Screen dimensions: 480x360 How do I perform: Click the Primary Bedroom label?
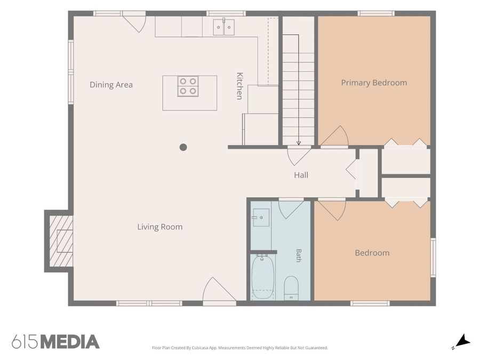[x=374, y=83]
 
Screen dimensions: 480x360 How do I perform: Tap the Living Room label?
[x=160, y=227]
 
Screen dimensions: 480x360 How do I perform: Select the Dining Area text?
[x=111, y=85]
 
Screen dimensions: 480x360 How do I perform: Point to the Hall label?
[x=301, y=175]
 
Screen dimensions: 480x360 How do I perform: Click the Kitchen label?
[x=239, y=86]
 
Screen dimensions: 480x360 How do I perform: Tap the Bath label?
[x=299, y=255]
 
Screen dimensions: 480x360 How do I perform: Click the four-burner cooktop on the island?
[x=188, y=86]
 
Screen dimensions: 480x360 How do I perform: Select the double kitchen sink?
[x=224, y=27]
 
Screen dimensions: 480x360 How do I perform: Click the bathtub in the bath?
[x=262, y=277]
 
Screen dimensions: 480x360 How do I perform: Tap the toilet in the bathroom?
[x=291, y=288]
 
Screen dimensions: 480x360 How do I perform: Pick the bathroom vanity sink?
[x=261, y=218]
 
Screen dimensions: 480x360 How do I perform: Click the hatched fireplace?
[x=61, y=241]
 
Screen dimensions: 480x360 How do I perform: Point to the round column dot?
[x=183, y=147]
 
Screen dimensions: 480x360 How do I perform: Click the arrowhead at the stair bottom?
[x=299, y=143]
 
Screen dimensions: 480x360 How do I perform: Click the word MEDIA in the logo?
[x=70, y=342]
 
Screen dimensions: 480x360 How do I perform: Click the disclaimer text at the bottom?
[x=240, y=348]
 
